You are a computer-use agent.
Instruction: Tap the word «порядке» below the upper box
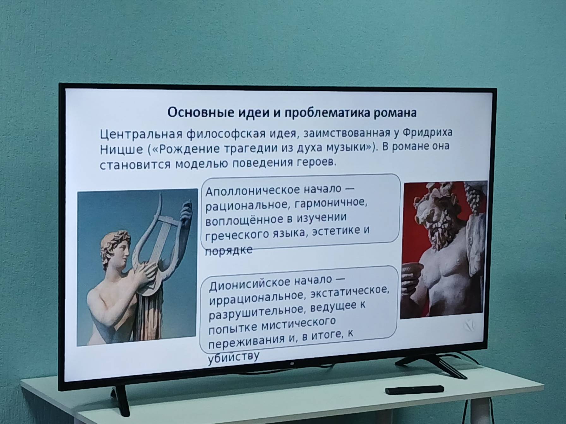229,250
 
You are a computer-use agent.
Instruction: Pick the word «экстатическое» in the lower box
350,292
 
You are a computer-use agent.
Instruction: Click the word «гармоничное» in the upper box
331,203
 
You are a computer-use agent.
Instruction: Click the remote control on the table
414,390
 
